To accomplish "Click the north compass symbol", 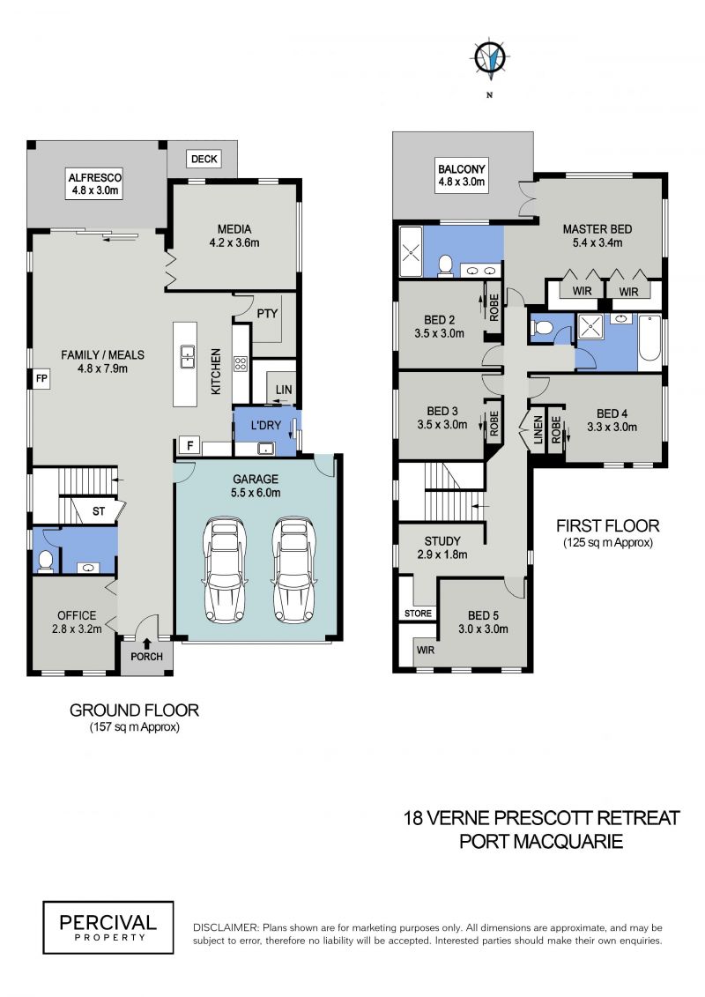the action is pos(490,59).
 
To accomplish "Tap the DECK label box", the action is pos(204,159).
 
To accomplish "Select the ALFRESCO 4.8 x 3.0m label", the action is pos(94,183).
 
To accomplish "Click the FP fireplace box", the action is pos(41,378).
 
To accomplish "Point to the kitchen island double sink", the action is pos(188,356).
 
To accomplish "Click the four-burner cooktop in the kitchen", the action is pos(241,364).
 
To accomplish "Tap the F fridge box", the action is pos(190,446).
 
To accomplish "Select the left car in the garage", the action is pos(225,569).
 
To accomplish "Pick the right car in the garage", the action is pos(293,569).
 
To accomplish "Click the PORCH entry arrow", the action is pos(147,644).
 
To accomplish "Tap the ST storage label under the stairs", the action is pos(99,511).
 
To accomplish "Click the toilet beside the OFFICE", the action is pos(45,560).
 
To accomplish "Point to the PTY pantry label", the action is pos(268,314).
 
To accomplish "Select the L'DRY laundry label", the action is pos(266,425).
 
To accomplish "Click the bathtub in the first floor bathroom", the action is pos(649,344).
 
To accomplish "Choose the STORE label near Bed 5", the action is pos(419,614).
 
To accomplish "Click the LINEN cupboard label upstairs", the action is pos(538,430).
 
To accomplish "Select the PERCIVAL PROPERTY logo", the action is pos(108,927).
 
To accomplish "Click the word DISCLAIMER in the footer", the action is pos(226,927).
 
